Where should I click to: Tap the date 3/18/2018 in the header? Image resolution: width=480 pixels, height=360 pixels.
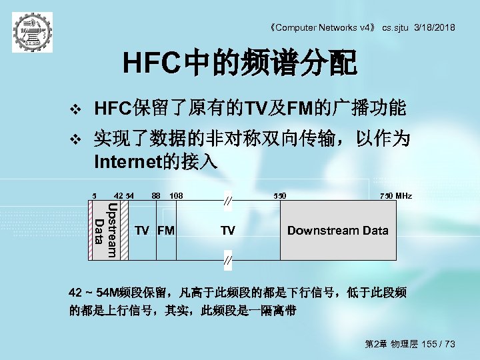tap(434, 27)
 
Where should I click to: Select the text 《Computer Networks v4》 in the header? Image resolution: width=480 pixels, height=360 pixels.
tap(321, 27)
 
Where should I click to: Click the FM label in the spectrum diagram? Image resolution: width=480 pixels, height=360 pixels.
tap(165, 231)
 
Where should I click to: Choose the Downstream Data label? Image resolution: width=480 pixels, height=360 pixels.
tap(337, 231)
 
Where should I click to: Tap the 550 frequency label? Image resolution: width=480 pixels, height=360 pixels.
tap(280, 196)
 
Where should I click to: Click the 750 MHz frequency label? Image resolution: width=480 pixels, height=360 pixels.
tap(396, 196)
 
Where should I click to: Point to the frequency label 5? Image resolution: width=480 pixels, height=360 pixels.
tap(95, 196)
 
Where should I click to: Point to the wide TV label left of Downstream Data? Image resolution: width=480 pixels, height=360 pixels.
tap(227, 231)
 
